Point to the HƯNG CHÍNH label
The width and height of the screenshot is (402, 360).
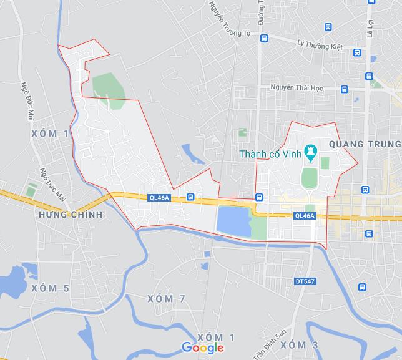point(70,214)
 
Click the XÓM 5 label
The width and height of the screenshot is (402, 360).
point(50,288)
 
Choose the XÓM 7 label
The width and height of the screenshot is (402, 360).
point(166,299)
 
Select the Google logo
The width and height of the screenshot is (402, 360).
point(203,348)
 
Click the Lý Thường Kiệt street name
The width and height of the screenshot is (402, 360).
point(320,44)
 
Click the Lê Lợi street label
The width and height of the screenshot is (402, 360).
point(370,29)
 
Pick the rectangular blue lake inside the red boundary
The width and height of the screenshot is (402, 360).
point(232,221)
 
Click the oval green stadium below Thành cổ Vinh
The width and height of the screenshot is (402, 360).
point(308,178)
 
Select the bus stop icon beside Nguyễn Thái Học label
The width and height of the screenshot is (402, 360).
point(345,89)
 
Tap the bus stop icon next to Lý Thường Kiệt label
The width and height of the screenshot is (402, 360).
point(356,52)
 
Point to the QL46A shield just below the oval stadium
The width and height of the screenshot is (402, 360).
point(304,216)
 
